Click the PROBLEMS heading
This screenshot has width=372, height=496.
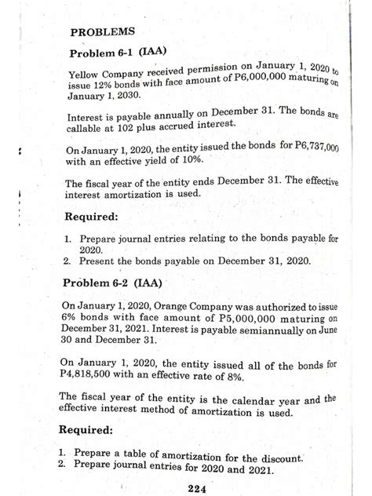102,33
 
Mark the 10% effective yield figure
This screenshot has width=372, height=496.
182,163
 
